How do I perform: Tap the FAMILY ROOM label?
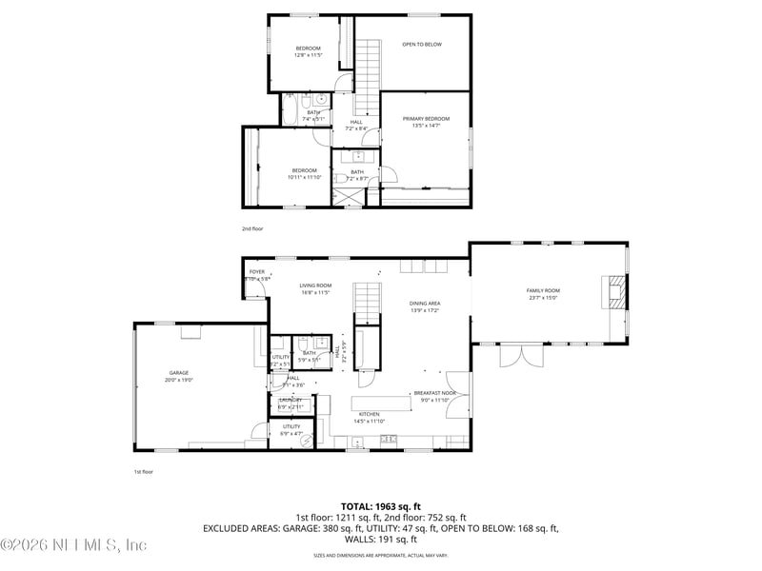tap(543, 290)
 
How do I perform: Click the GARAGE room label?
tap(179, 373)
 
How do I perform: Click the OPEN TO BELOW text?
tap(422, 44)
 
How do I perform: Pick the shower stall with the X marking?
tap(346, 197)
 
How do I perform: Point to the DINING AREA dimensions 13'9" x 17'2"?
tap(426, 310)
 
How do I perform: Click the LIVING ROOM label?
tap(315, 285)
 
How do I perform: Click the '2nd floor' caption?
tap(251, 229)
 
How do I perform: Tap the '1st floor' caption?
tap(143, 471)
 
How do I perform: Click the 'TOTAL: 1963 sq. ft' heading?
tap(380, 506)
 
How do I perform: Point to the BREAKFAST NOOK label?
tap(434, 393)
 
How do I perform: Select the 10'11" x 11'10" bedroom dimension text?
tap(305, 177)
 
